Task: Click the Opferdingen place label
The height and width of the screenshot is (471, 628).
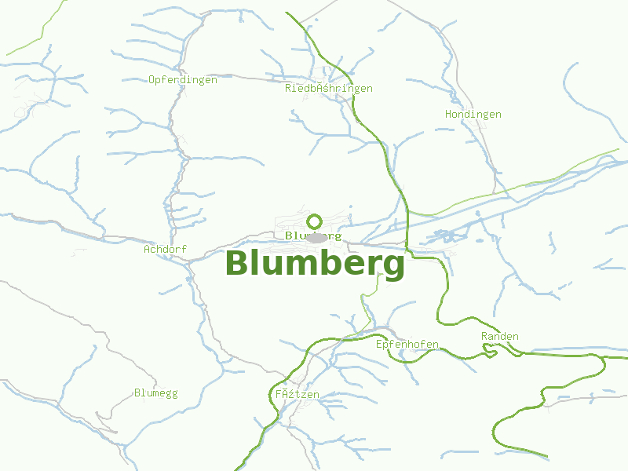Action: pyautogui.click(x=182, y=79)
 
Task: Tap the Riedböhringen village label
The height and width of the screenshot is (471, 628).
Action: pyautogui.click(x=328, y=89)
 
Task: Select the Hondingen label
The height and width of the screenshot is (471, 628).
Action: pyautogui.click(x=473, y=115)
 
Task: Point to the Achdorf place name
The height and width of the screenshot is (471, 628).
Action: pyautogui.click(x=165, y=250)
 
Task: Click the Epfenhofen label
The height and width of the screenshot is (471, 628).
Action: pyautogui.click(x=407, y=345)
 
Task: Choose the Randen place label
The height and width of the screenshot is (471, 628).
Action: pyautogui.click(x=499, y=337)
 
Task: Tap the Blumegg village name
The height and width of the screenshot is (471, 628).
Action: pyautogui.click(x=155, y=392)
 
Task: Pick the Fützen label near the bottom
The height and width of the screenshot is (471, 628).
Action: pyautogui.click(x=297, y=394)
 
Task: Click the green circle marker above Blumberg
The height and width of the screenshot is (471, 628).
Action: pyautogui.click(x=315, y=221)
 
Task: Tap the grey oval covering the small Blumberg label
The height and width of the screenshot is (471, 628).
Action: pyautogui.click(x=316, y=236)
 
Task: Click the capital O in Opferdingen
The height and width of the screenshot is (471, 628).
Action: pyautogui.click(x=152, y=79)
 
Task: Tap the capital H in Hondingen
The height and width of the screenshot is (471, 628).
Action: pyautogui.click(x=448, y=115)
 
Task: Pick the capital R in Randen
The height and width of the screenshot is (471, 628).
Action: pyautogui.click(x=484, y=337)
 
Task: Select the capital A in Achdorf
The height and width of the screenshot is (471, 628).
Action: pyautogui.click(x=147, y=250)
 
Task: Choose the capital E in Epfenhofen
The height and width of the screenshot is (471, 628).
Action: pyautogui.click(x=379, y=345)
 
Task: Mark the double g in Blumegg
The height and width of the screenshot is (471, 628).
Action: pyautogui.click(x=171, y=393)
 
